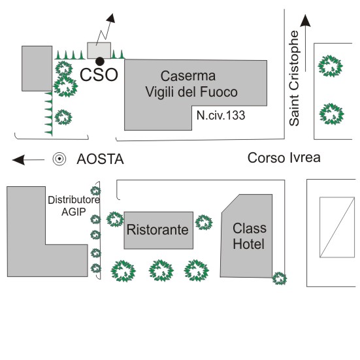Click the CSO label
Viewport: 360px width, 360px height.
[x=99, y=74]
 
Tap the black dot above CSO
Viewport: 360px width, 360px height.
[x=100, y=61]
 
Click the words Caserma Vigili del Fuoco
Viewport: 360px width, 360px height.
[x=191, y=84]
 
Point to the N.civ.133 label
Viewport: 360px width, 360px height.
[x=221, y=115]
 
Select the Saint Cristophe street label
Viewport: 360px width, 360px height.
[x=294, y=78]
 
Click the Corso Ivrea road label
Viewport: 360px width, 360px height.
[x=284, y=157]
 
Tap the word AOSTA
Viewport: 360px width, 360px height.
[x=101, y=159]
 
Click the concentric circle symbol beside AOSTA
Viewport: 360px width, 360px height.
[x=59, y=159]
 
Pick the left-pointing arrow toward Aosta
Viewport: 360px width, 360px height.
[x=28, y=160]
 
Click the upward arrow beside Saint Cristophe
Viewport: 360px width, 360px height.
[x=305, y=43]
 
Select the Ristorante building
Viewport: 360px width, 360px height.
[x=158, y=230]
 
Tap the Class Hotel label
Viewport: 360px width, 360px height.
[x=250, y=236]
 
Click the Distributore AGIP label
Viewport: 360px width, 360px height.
[x=74, y=206]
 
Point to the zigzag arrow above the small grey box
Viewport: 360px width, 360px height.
[x=105, y=29]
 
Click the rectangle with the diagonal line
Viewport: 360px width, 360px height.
[x=337, y=227]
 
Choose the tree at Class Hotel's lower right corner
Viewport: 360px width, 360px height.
[x=280, y=278]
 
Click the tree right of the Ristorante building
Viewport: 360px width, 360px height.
[x=204, y=222]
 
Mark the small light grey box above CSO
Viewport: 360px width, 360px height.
[x=99, y=50]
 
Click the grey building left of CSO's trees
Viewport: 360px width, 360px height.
[x=37, y=69]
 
